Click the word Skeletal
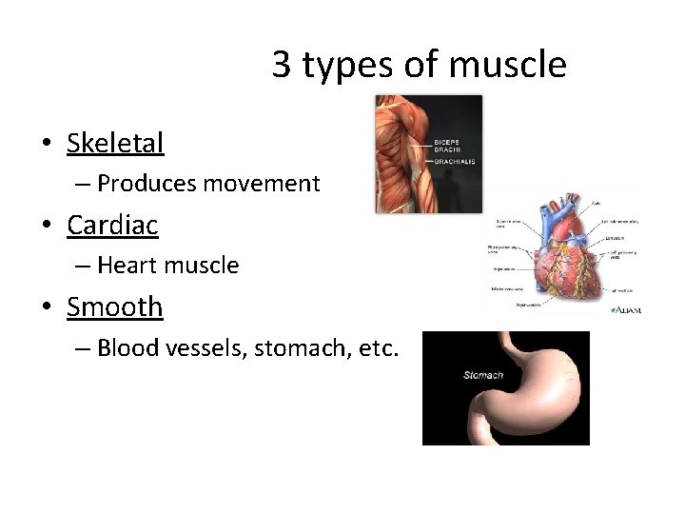click(115, 144)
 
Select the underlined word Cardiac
click(112, 226)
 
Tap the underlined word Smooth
click(114, 307)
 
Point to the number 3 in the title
click(281, 65)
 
